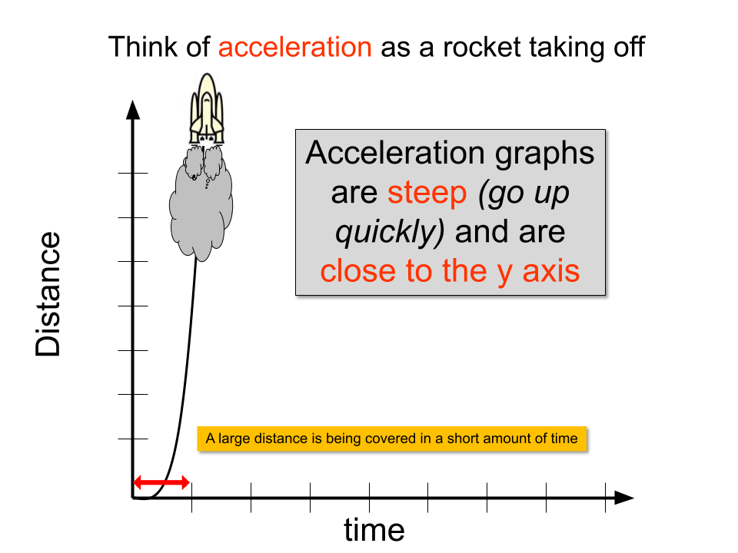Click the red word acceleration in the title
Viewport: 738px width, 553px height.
click(x=295, y=47)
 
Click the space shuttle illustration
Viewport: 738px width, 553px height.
click(x=207, y=108)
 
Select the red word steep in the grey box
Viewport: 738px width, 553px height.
click(x=427, y=193)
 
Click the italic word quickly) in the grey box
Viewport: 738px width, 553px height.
click(x=390, y=232)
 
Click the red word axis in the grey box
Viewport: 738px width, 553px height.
click(x=551, y=271)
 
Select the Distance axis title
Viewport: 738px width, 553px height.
click(x=48, y=294)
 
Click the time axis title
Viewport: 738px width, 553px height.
click(x=374, y=530)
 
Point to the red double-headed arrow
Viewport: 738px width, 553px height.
click(x=161, y=482)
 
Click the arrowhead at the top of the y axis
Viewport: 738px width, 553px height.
click(x=133, y=110)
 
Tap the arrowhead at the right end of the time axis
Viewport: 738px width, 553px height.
click(x=624, y=498)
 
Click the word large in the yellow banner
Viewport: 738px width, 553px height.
click(x=234, y=439)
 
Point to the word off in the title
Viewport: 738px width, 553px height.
click(x=629, y=47)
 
